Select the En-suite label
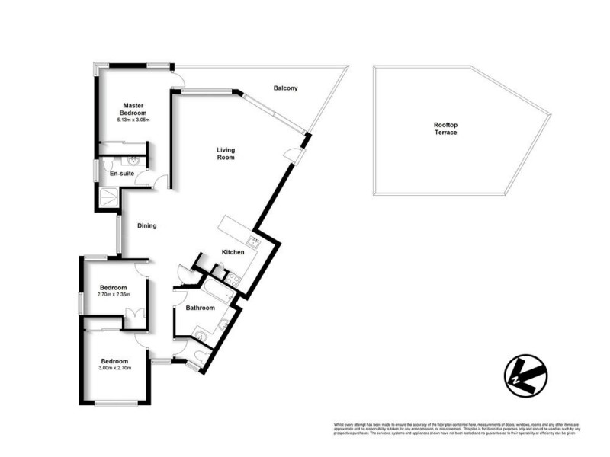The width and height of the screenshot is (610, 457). pos(122,174)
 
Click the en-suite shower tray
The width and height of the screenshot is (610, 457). pos(108,197)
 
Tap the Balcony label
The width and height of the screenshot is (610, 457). pos(285,88)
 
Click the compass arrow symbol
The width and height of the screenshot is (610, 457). pos(526,374)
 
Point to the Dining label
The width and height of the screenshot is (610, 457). pos(147,225)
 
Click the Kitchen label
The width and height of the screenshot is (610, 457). pos(233,251)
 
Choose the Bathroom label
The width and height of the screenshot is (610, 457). pos(201,308)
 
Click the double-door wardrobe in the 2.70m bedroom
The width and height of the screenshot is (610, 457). pos(133,315)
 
